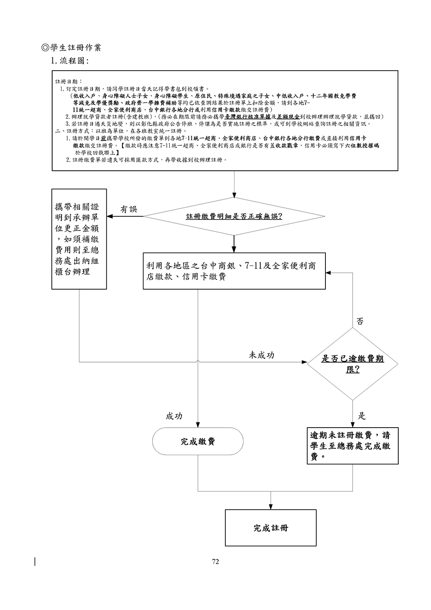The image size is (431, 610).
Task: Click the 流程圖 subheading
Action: (x=69, y=61)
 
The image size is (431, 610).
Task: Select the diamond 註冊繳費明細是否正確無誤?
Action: (x=234, y=216)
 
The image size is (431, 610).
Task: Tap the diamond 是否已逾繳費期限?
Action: (x=353, y=364)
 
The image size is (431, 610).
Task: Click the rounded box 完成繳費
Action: (x=198, y=441)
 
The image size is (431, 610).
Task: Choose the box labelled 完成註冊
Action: (x=271, y=528)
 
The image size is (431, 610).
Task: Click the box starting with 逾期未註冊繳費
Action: (x=353, y=446)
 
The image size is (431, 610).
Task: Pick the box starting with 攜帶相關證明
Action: (x=79, y=239)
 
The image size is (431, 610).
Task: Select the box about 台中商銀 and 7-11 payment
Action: (x=234, y=271)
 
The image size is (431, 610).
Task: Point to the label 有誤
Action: (x=128, y=210)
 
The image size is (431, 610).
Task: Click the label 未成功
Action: (x=262, y=355)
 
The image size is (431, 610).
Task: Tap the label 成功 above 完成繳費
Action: (x=174, y=416)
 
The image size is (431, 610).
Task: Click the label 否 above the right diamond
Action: (x=360, y=321)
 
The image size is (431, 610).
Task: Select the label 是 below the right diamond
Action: (x=362, y=416)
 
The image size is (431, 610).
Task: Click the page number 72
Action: (x=215, y=561)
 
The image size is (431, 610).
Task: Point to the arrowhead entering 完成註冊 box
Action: (x=271, y=507)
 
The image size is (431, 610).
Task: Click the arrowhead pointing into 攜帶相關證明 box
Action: (x=110, y=216)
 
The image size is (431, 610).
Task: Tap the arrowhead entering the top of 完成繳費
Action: (x=198, y=424)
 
